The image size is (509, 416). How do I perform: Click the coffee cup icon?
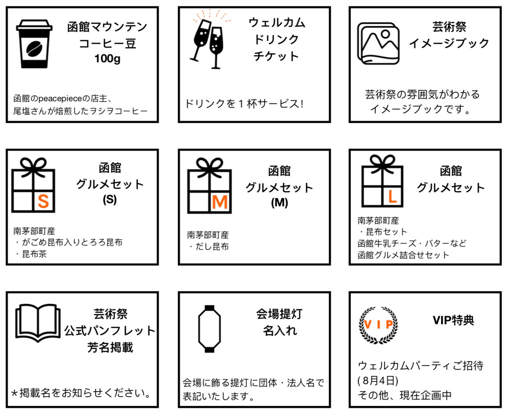[x=34, y=44]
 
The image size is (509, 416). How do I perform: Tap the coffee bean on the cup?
[x=34, y=49]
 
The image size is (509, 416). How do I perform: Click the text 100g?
[x=107, y=59]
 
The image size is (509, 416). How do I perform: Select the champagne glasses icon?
[x=210, y=40]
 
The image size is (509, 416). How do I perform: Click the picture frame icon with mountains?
[x=378, y=44]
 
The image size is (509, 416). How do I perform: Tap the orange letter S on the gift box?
[x=44, y=201]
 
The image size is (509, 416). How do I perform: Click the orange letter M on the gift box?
[x=220, y=202]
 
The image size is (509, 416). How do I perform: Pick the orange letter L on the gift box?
[x=392, y=197]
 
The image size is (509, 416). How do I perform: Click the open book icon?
[x=38, y=323]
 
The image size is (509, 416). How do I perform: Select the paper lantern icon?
[x=209, y=329]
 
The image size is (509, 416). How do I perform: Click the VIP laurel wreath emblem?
[x=378, y=325]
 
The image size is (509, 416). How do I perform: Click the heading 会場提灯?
[x=279, y=314]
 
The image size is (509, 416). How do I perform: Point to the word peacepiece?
[x=60, y=98]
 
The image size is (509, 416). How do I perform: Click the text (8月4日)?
[x=378, y=381]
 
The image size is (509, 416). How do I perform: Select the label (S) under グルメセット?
[x=109, y=200]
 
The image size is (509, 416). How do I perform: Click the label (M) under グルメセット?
[x=280, y=203]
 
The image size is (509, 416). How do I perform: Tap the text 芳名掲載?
[x=110, y=348]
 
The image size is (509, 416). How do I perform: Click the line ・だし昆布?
[x=208, y=246]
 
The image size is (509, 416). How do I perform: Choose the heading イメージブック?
[x=449, y=44]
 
